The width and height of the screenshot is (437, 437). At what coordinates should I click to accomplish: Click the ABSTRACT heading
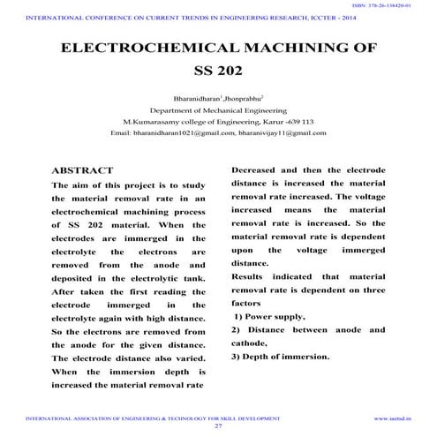83,170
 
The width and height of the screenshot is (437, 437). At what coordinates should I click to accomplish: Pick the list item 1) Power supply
269,316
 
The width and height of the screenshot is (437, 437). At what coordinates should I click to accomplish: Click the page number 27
218,426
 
